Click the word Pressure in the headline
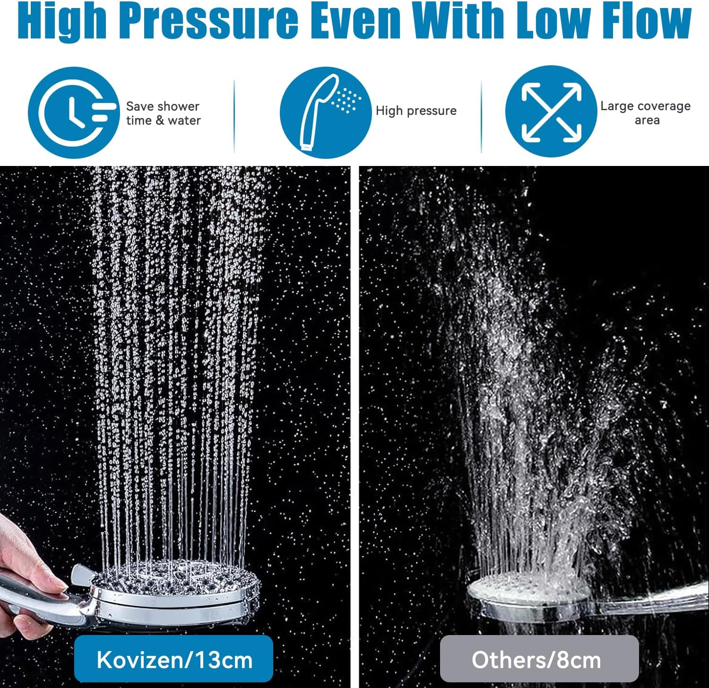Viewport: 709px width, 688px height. [208, 21]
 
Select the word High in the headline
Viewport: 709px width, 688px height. [61, 21]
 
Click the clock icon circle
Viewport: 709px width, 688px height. [73, 113]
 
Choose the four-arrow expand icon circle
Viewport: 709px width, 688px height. [551, 112]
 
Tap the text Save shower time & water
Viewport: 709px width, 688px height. [163, 113]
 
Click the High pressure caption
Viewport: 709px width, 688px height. [416, 111]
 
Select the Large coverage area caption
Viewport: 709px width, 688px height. [646, 113]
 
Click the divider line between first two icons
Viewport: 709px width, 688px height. [234, 116]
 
